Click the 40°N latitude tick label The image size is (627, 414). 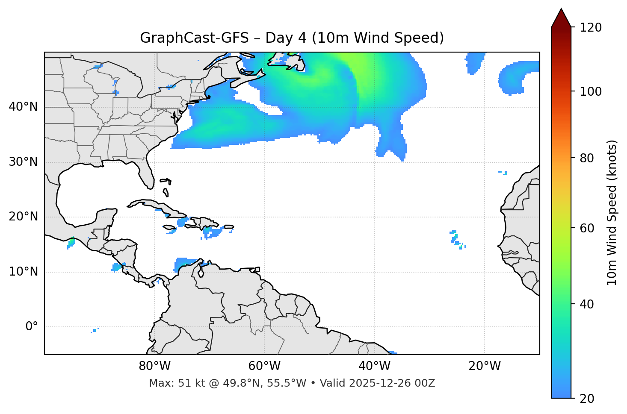pos(23,107)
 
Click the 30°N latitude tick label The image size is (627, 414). pos(23,162)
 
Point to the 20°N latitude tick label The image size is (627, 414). pos(23,217)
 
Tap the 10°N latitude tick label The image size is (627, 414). pos(23,272)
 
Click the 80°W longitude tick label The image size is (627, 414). pos(154,366)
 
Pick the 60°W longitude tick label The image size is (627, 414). pos(264,366)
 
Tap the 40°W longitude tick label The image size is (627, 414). pos(374,366)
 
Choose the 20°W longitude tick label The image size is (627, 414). pos(484,366)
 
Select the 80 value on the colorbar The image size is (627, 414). pos(586,158)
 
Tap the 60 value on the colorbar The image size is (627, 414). pos(586,228)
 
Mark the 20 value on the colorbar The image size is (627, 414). pos(586,399)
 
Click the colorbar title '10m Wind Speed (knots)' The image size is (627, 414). pos(612,212)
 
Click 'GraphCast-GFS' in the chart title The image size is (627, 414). pos(194,38)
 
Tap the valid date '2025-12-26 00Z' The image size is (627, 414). pos(392,383)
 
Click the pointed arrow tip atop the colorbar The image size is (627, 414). pos(561,10)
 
